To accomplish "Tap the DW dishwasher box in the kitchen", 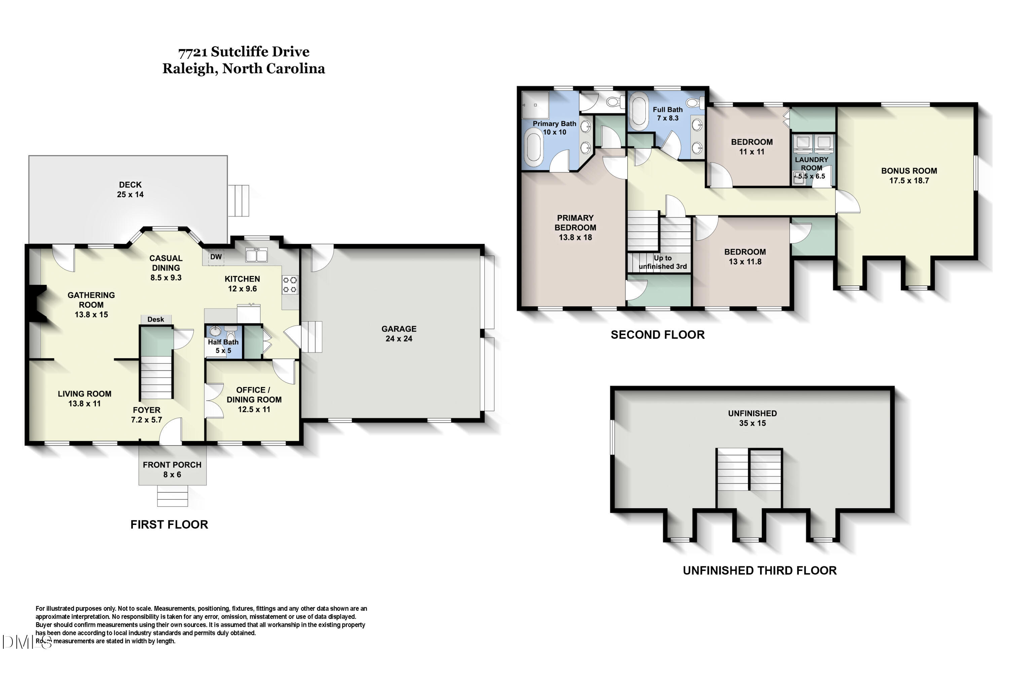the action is tap(216, 257).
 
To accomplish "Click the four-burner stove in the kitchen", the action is tap(290, 285).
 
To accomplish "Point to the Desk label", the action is tap(155, 319).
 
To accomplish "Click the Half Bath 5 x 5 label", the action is tap(223, 346).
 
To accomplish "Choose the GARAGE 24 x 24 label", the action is tap(399, 333).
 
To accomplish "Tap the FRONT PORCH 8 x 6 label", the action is tap(172, 469).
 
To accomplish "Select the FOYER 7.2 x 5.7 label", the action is tap(146, 415).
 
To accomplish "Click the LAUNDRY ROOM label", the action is tap(812, 164).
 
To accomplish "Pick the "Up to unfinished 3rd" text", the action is tap(663, 262).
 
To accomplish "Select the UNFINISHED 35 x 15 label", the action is tap(752, 418).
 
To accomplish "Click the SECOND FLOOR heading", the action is tap(658, 335).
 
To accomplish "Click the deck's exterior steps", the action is tap(238, 201).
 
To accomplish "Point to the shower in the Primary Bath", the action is tap(535, 105).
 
